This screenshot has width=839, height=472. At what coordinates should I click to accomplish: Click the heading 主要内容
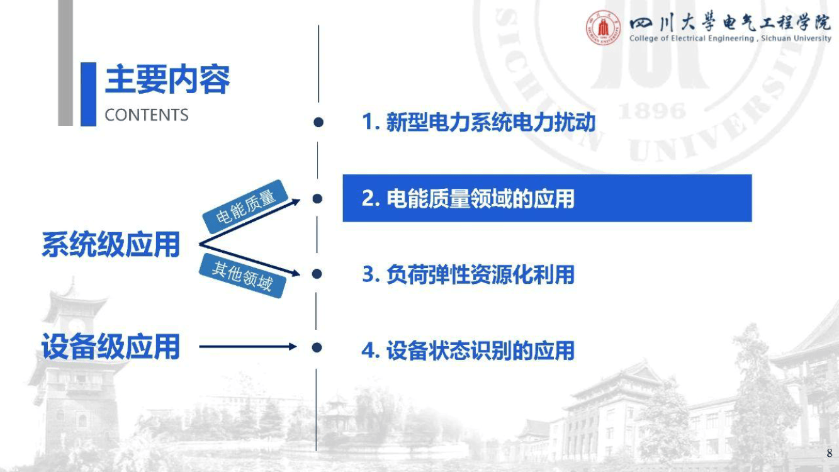click(167, 79)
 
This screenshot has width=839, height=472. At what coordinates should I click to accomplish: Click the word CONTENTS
click(147, 115)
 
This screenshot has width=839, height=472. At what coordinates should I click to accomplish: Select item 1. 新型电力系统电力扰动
click(479, 122)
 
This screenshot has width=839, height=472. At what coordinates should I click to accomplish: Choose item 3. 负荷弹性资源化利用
click(468, 274)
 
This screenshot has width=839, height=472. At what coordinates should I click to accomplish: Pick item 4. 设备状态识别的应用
click(468, 351)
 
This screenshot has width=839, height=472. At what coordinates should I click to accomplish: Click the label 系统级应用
click(111, 244)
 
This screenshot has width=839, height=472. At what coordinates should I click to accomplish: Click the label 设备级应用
click(111, 347)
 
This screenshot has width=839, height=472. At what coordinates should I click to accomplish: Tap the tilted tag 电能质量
click(245, 206)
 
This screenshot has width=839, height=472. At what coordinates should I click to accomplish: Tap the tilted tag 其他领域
click(242, 276)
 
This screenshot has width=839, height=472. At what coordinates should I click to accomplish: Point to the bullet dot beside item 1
click(318, 122)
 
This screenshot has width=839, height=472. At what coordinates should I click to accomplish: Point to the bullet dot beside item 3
click(317, 274)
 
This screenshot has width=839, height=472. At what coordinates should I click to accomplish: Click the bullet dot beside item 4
click(317, 347)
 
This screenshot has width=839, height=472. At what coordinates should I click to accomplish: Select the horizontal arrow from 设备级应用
click(248, 347)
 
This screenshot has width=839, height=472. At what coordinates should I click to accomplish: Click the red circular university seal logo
click(603, 28)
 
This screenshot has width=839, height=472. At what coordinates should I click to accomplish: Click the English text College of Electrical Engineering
click(692, 38)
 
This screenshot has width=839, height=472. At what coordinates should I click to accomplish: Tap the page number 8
click(830, 453)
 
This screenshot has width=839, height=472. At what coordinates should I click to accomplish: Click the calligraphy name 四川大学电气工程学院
click(729, 23)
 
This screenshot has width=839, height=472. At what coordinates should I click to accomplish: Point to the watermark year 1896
click(651, 111)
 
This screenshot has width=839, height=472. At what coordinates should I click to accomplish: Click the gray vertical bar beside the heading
click(65, 63)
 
